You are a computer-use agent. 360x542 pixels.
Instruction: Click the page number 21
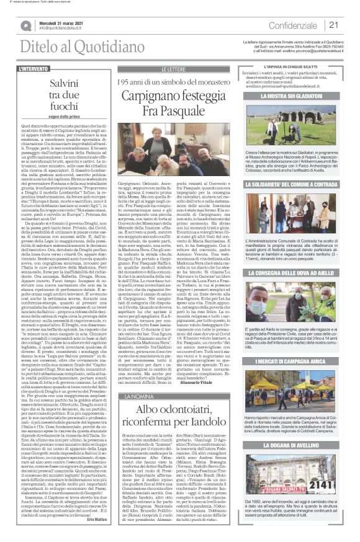[333, 25]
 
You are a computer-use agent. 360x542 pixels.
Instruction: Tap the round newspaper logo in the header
[25, 25]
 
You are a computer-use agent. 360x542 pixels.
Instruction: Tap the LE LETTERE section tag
[173, 69]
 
